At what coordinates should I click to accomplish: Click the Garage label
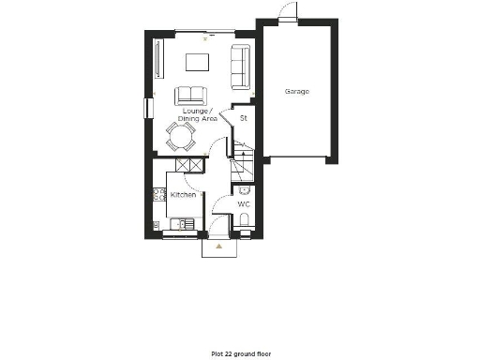click(297, 92)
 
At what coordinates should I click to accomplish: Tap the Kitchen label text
click(183, 195)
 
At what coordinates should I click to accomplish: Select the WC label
click(243, 203)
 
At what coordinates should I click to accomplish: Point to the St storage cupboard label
click(244, 119)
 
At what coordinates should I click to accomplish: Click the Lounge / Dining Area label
click(198, 115)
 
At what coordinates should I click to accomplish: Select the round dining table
click(181, 139)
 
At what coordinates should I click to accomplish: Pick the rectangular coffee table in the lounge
click(198, 62)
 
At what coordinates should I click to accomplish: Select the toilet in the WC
click(244, 221)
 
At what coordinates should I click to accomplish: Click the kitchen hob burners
click(158, 195)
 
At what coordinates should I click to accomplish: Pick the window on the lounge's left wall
click(146, 107)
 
